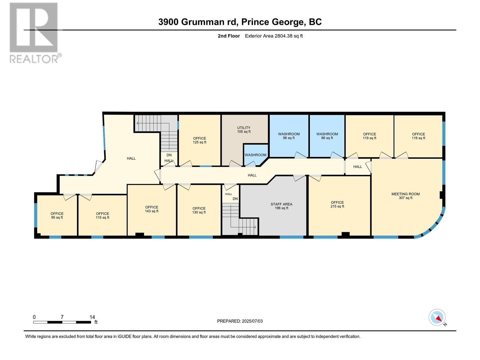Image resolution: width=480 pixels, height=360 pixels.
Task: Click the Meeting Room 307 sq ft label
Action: (x=405, y=196)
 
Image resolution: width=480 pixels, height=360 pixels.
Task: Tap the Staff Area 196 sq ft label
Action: (x=281, y=206)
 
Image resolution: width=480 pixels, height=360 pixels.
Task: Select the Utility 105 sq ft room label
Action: (x=244, y=130)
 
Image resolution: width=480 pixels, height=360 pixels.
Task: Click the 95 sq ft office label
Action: (x=57, y=215)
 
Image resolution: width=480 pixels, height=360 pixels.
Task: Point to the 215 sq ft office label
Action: (x=337, y=204)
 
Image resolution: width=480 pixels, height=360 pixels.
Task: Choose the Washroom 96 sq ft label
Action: (x=289, y=136)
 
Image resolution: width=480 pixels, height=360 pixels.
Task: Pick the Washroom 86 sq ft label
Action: (x=327, y=136)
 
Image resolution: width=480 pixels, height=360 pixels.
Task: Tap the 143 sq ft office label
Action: (x=151, y=209)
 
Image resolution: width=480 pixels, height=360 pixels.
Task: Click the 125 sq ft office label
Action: (x=199, y=140)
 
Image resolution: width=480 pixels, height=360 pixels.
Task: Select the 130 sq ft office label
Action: (x=199, y=210)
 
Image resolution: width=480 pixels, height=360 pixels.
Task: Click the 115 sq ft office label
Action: (x=102, y=215)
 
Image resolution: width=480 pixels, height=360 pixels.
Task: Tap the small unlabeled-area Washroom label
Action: (x=255, y=155)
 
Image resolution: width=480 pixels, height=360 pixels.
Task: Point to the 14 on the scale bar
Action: (x=92, y=317)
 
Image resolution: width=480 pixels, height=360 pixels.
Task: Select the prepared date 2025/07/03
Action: (x=240, y=321)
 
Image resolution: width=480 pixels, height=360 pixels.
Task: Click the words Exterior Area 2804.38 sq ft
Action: (x=274, y=36)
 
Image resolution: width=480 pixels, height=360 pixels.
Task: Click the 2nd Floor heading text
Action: (x=229, y=36)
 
